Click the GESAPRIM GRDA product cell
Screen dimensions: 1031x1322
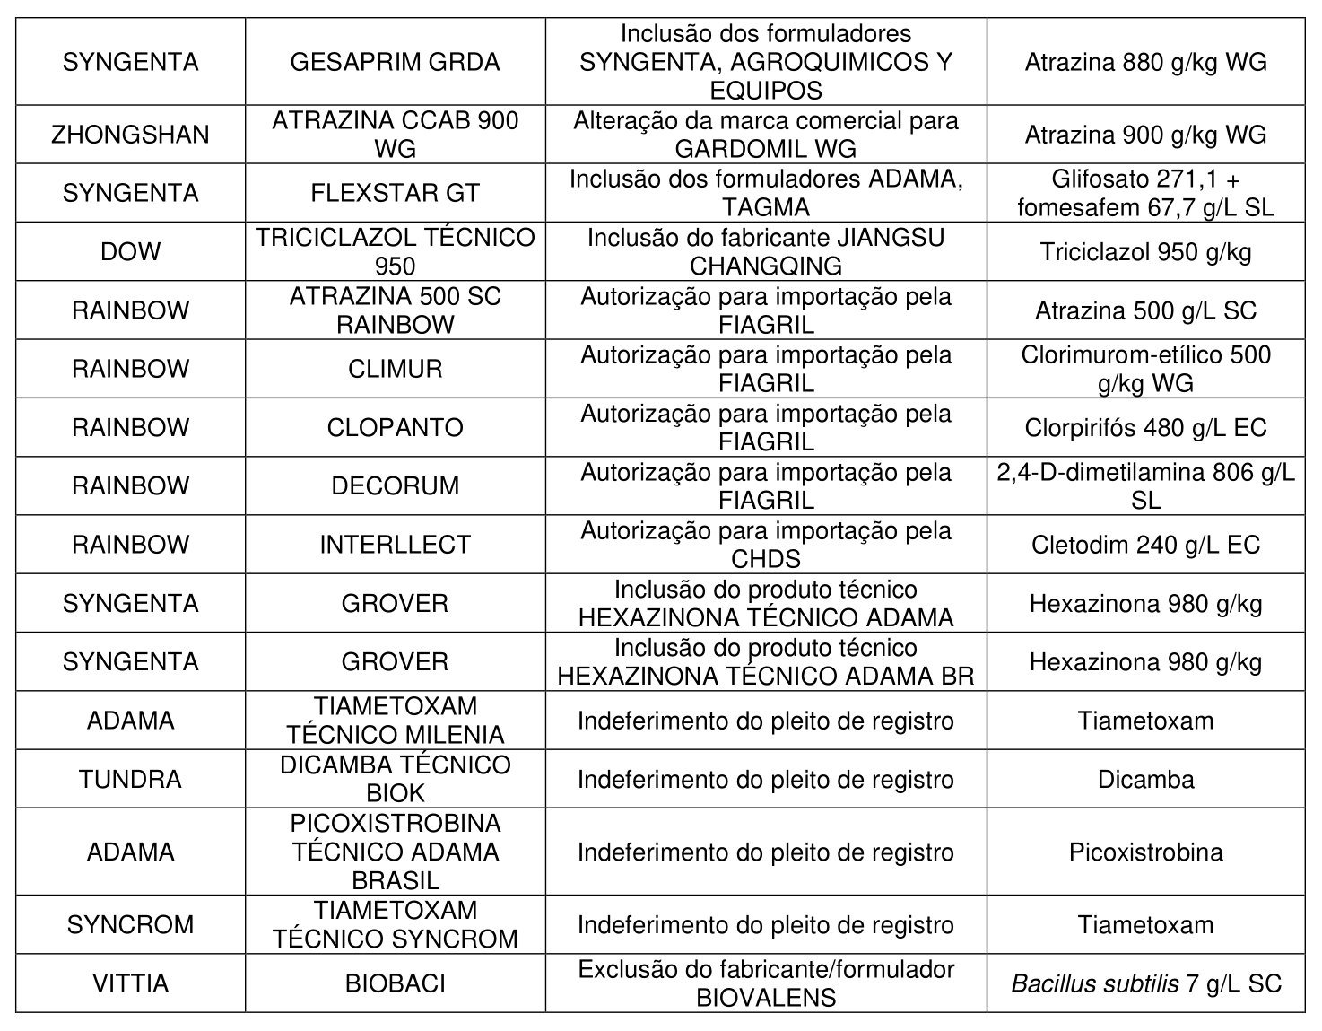tap(395, 62)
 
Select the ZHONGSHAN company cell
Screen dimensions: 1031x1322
tap(130, 135)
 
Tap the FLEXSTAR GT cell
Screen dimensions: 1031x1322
tap(395, 193)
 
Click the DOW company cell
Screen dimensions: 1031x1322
tap(130, 251)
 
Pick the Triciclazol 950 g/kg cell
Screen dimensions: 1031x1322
tap(1145, 251)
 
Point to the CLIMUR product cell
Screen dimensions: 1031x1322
tap(395, 369)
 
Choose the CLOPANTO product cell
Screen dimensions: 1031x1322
tap(395, 427)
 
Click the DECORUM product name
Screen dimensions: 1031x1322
tap(395, 485)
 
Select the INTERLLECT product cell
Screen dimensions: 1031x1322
tap(395, 545)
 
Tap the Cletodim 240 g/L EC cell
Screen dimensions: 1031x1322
tap(1145, 545)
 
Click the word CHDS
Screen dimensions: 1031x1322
tap(765, 559)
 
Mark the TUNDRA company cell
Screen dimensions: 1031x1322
tap(130, 779)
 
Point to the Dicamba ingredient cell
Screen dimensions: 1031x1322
tap(1145, 779)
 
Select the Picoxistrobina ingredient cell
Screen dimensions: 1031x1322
tap(1145, 852)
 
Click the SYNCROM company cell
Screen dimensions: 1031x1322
tap(130, 924)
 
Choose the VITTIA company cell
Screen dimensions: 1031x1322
tap(130, 983)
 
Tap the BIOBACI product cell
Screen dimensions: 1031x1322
tap(395, 983)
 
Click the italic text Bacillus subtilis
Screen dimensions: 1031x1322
tap(1094, 984)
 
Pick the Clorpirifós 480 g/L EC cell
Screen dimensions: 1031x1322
tap(1145, 427)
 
